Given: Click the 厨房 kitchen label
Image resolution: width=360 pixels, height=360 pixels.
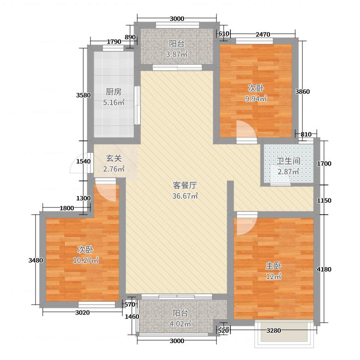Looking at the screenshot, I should click(x=113, y=91).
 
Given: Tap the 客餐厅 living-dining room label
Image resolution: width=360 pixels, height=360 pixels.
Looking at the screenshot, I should click(x=185, y=185).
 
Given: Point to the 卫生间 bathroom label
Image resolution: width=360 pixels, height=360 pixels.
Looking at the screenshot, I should click(x=288, y=162).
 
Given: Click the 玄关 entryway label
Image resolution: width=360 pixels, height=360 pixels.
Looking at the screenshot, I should click(x=114, y=158).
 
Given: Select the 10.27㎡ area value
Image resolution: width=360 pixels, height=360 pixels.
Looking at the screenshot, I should click(x=85, y=260).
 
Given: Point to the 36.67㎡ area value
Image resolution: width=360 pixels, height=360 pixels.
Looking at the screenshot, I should click(x=185, y=196).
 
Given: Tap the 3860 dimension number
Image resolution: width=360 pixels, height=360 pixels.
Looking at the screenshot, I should click(x=302, y=92).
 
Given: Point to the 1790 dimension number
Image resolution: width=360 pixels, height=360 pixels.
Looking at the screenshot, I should click(x=102, y=42).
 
